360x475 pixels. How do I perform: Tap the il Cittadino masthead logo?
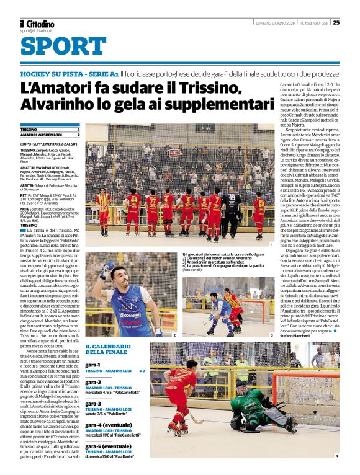(x=37, y=23)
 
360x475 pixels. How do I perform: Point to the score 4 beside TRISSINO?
(x=78, y=130)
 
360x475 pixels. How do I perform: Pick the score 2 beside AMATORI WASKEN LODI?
(x=78, y=135)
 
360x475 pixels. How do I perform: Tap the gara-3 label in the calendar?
(x=93, y=404)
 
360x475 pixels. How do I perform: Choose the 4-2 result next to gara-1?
(x=142, y=371)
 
